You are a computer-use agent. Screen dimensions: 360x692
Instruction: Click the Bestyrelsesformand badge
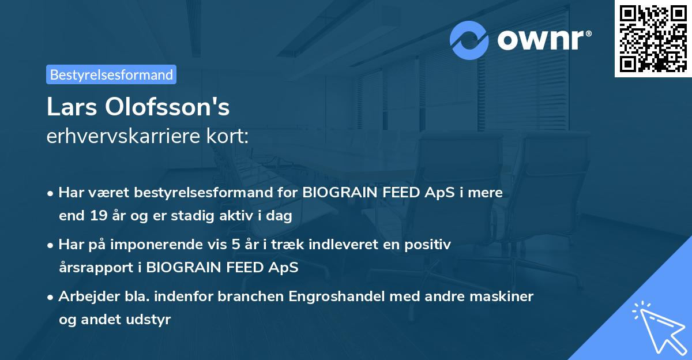111,74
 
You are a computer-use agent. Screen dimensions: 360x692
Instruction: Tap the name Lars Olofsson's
138,107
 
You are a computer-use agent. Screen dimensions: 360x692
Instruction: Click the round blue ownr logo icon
469,40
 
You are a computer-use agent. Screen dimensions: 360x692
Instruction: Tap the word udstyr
152,320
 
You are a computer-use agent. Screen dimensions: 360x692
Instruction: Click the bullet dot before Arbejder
51,297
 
